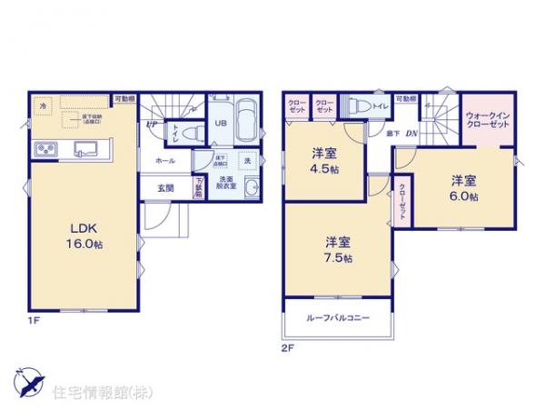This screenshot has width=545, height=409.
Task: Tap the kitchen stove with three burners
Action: [45, 149]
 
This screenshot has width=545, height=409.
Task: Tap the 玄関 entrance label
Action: [164, 188]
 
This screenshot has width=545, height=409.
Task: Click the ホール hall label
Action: [164, 160]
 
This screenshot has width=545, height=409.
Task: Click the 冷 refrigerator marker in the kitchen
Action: [44, 106]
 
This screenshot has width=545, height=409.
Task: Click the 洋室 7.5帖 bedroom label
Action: [339, 248]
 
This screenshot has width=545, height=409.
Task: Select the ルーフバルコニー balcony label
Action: [339, 318]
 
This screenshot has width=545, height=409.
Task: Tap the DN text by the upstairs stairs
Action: [411, 135]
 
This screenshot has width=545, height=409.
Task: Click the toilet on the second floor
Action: [360, 105]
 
